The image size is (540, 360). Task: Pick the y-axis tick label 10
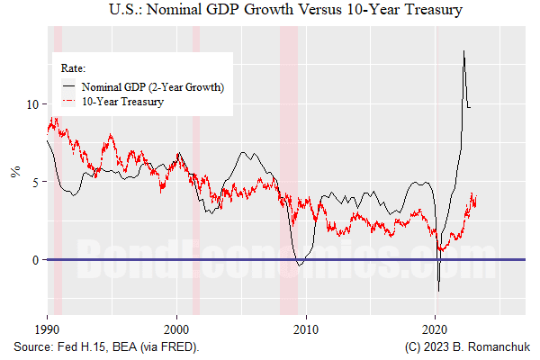point(33,103)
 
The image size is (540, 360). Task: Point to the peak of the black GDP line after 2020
point(463,50)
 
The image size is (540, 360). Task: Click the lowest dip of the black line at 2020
point(439,291)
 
